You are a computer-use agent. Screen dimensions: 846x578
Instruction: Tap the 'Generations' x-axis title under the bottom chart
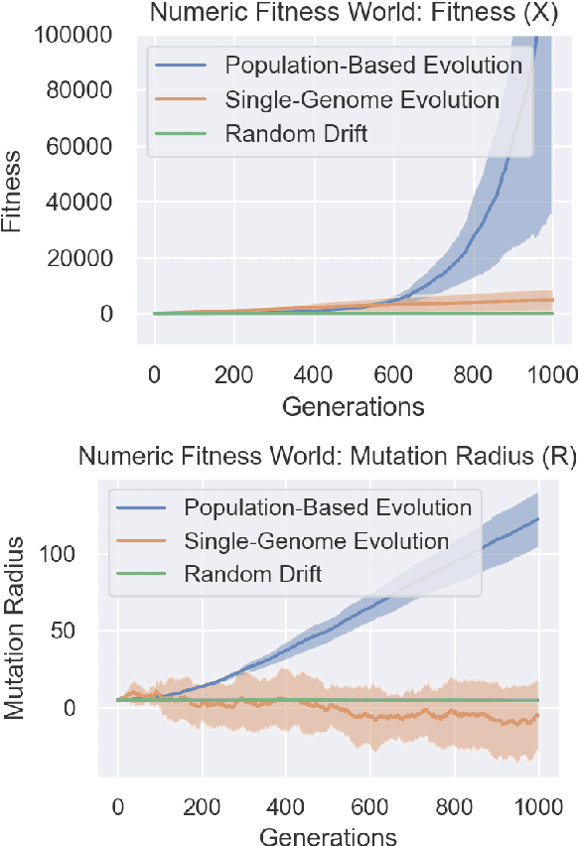point(328,836)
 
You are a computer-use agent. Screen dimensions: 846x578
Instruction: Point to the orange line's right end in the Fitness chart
point(553,299)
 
